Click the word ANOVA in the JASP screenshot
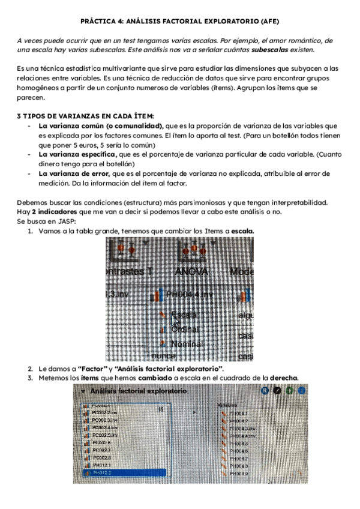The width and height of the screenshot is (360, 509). click(190, 272)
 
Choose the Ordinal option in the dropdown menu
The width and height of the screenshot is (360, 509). click(185, 329)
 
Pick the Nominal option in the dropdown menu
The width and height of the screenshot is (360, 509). click(186, 344)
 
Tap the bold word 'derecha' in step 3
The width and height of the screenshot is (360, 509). click(283, 378)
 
